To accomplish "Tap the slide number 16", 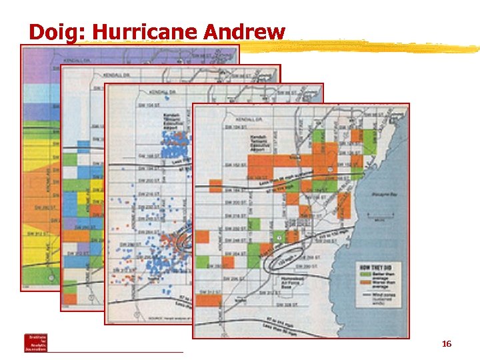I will click(x=447, y=344).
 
